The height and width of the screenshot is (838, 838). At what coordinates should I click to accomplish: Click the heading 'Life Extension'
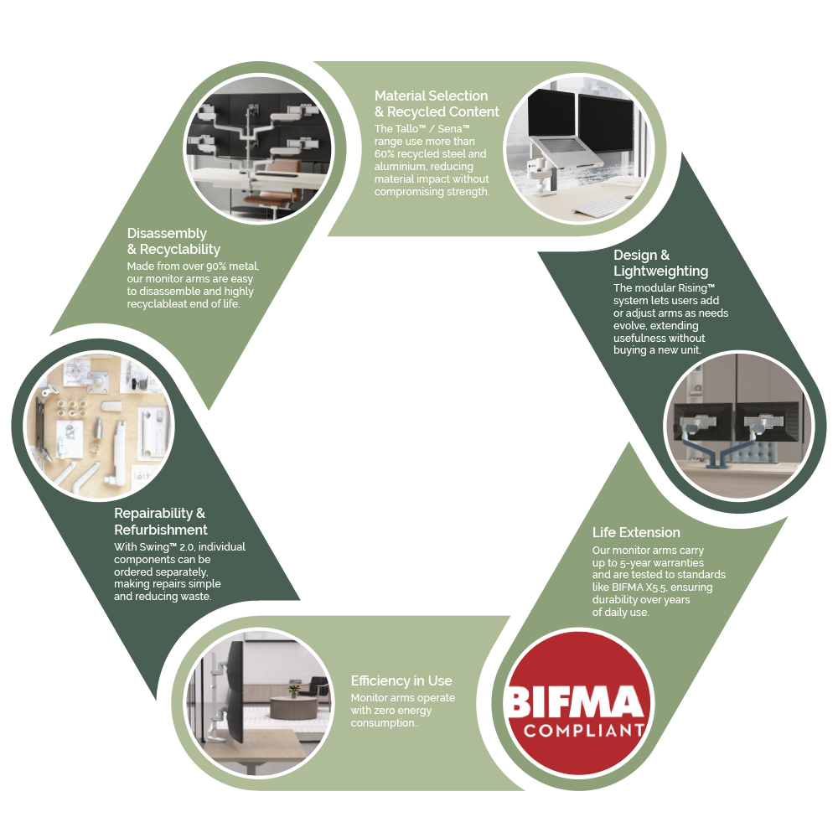[x=636, y=532]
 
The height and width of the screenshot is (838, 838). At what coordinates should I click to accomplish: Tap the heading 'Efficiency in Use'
[x=401, y=680]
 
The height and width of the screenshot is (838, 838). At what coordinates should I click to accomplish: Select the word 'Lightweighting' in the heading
[x=660, y=271]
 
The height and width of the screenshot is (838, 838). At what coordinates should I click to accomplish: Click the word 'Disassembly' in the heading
[x=167, y=234]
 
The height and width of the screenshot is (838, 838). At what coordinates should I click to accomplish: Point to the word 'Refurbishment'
[x=160, y=530]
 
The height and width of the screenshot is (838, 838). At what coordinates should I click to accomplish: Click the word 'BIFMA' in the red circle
[x=575, y=701]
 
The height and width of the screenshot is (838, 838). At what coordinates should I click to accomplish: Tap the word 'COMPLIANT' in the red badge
[x=583, y=731]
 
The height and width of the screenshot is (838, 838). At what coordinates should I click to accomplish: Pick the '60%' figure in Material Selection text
[x=385, y=154]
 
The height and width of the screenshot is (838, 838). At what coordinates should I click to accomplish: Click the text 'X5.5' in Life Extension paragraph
[x=656, y=587]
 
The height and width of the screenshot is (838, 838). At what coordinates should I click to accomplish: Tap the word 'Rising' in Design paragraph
[x=693, y=288]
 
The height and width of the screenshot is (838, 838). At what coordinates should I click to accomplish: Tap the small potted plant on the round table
[x=293, y=691]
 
